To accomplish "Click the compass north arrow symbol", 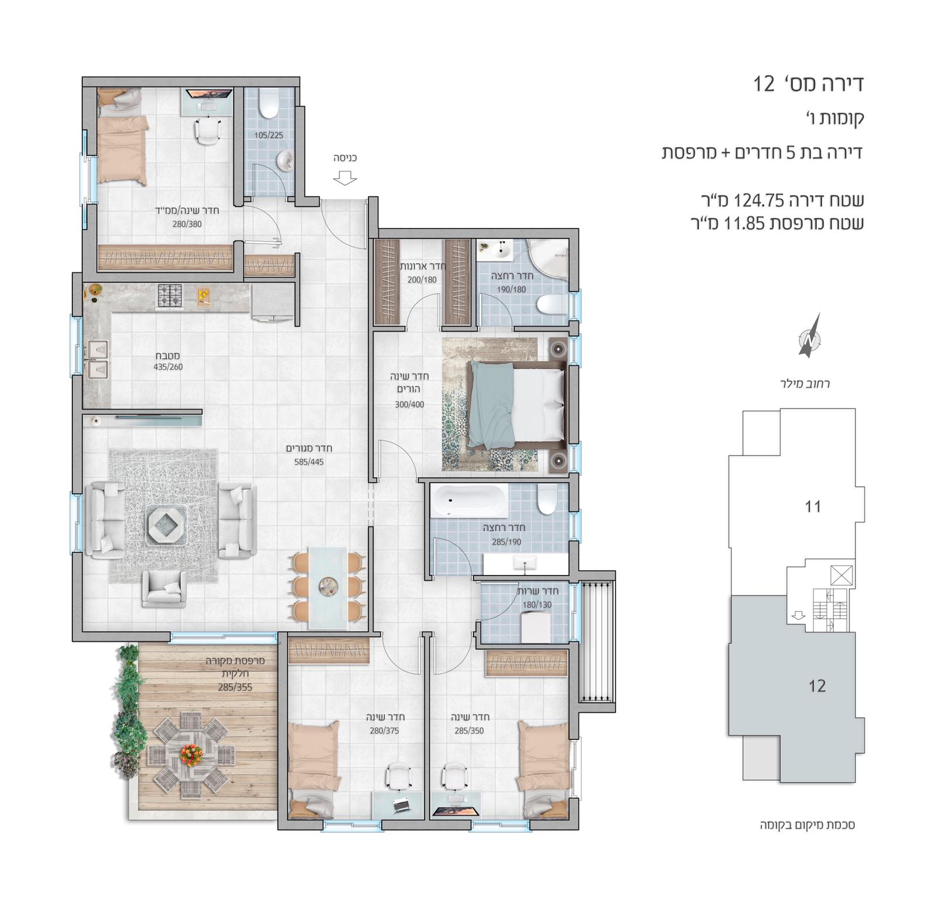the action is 809,336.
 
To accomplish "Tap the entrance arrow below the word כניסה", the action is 346,177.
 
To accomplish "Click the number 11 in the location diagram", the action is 813,506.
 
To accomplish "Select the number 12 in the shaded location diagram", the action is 817,686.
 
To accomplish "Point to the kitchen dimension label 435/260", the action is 168,367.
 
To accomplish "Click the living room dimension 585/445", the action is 309,462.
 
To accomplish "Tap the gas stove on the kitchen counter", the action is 170,296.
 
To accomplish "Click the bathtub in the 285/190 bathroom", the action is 468,500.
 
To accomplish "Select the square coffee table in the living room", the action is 166,525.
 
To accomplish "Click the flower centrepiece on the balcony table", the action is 191,754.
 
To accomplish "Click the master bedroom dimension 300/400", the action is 409,405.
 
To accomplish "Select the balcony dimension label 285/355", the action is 235,687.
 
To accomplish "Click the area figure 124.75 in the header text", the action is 760,201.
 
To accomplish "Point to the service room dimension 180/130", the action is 536,605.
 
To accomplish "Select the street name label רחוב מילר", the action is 805,384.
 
